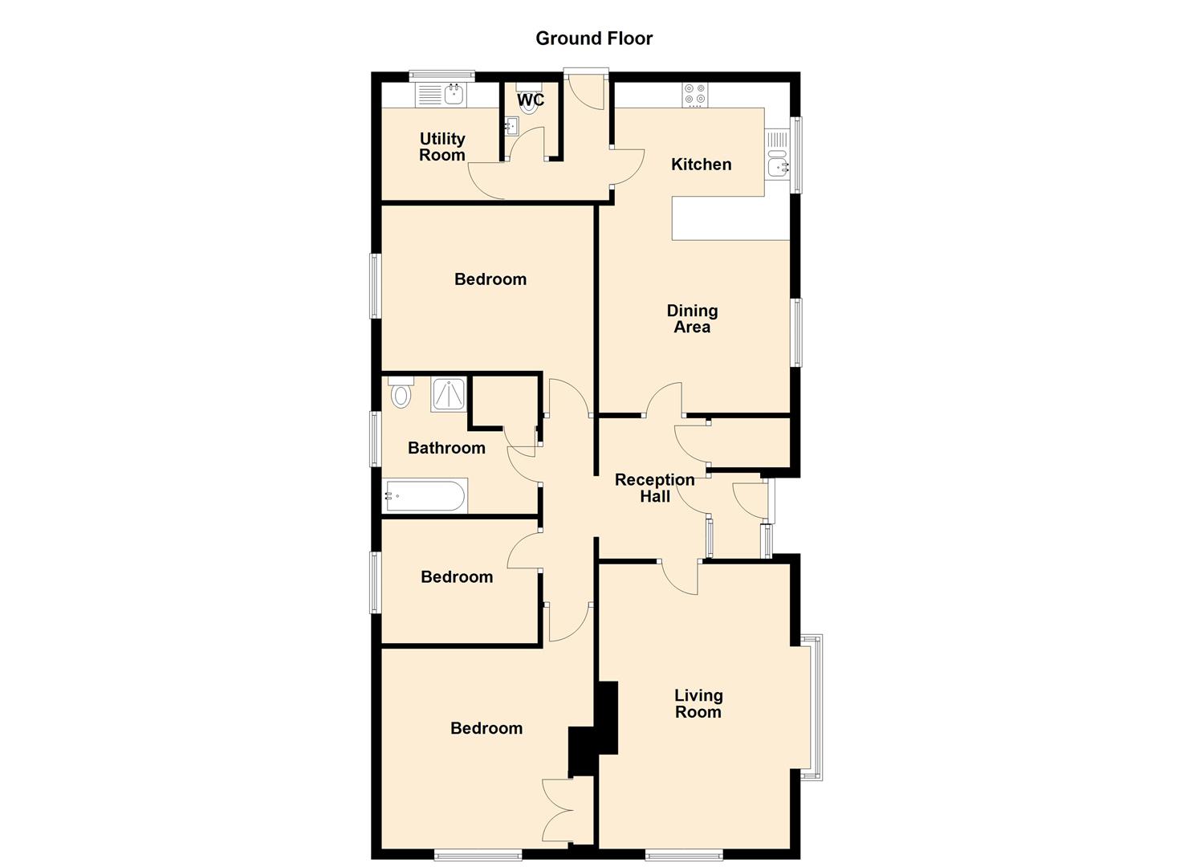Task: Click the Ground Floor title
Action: tap(594, 39)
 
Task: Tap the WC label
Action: tap(530, 100)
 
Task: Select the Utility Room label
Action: tap(442, 147)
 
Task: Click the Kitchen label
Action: tap(701, 165)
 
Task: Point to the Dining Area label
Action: tap(692, 319)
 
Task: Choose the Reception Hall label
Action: tap(654, 488)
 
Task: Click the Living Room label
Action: tap(698, 704)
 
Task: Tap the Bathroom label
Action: tap(446, 448)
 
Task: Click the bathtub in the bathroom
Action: tap(425, 496)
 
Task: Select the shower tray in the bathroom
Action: tap(449, 395)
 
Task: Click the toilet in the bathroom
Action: tap(401, 393)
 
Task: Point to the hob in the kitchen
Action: tap(695, 95)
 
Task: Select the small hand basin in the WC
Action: tap(511, 126)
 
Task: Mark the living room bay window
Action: tap(812, 706)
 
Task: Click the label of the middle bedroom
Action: tap(457, 577)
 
